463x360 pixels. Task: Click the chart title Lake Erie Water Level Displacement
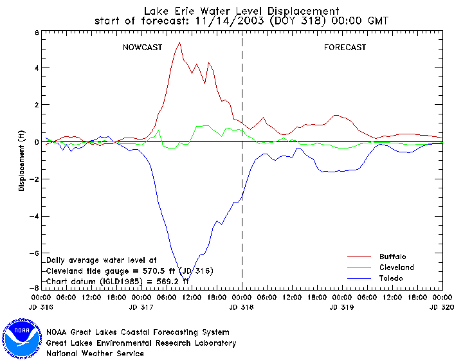241,10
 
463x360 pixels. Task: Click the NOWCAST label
142,48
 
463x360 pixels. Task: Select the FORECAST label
345,48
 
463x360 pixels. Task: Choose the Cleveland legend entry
396,267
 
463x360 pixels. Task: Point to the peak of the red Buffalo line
179,42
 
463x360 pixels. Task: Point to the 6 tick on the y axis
36,32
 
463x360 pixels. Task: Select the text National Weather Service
95,353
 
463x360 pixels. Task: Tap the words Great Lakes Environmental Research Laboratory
141,343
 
